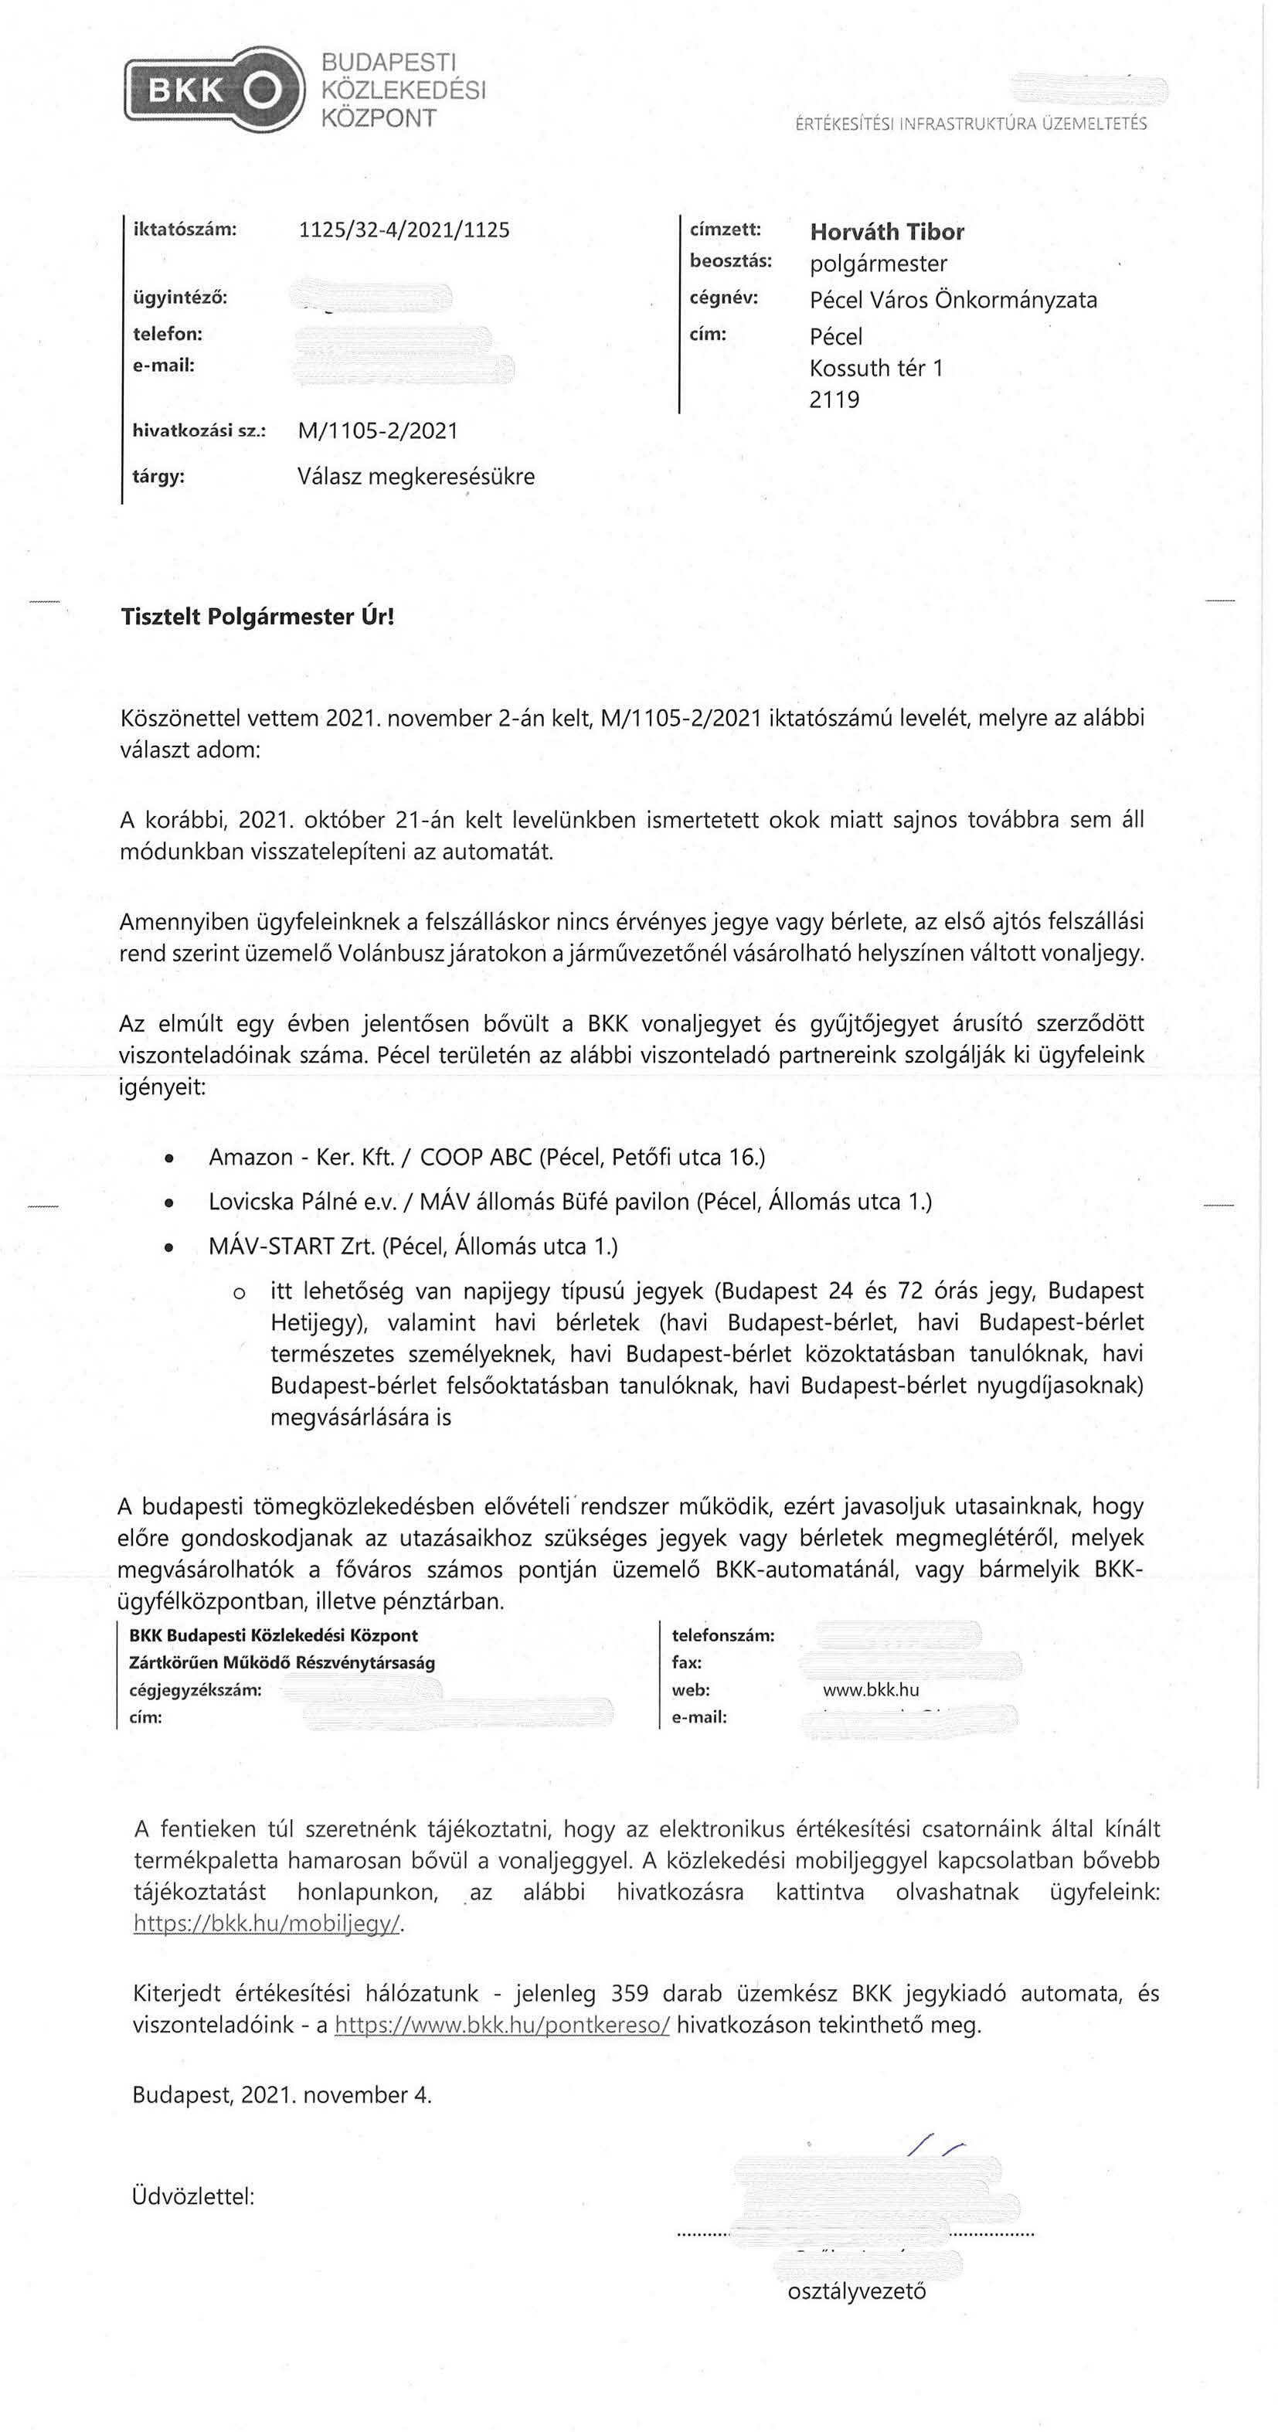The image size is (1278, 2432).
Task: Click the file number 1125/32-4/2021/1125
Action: pos(403,230)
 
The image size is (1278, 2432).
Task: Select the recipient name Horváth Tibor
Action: pos(886,233)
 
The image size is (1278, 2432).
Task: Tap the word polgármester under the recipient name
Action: pos(878,264)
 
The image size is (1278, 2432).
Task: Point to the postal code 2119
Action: pos(834,400)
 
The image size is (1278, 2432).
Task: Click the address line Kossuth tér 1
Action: pos(876,368)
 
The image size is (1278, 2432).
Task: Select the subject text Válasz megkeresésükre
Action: pos(415,477)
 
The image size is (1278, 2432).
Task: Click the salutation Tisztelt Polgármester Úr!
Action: pos(257,617)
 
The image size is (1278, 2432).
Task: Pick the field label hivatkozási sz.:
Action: pos(199,431)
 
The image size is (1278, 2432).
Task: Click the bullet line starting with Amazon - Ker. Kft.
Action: pos(486,1158)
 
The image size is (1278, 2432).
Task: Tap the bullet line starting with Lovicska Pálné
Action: pos(569,1202)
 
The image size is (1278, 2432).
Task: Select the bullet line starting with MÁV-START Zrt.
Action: pos(413,1247)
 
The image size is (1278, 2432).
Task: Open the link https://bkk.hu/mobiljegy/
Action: pos(268,1923)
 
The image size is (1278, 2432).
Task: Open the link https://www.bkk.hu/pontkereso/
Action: pos(502,2024)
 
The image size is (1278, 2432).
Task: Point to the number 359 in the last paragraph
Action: pos(630,1993)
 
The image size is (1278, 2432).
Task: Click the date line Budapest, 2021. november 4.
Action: pos(281,2095)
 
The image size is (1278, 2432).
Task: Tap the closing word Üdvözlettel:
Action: pos(193,2196)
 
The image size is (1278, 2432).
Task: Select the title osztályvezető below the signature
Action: pos(856,2291)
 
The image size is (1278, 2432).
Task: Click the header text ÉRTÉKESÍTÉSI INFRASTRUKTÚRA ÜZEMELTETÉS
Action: pos(970,124)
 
